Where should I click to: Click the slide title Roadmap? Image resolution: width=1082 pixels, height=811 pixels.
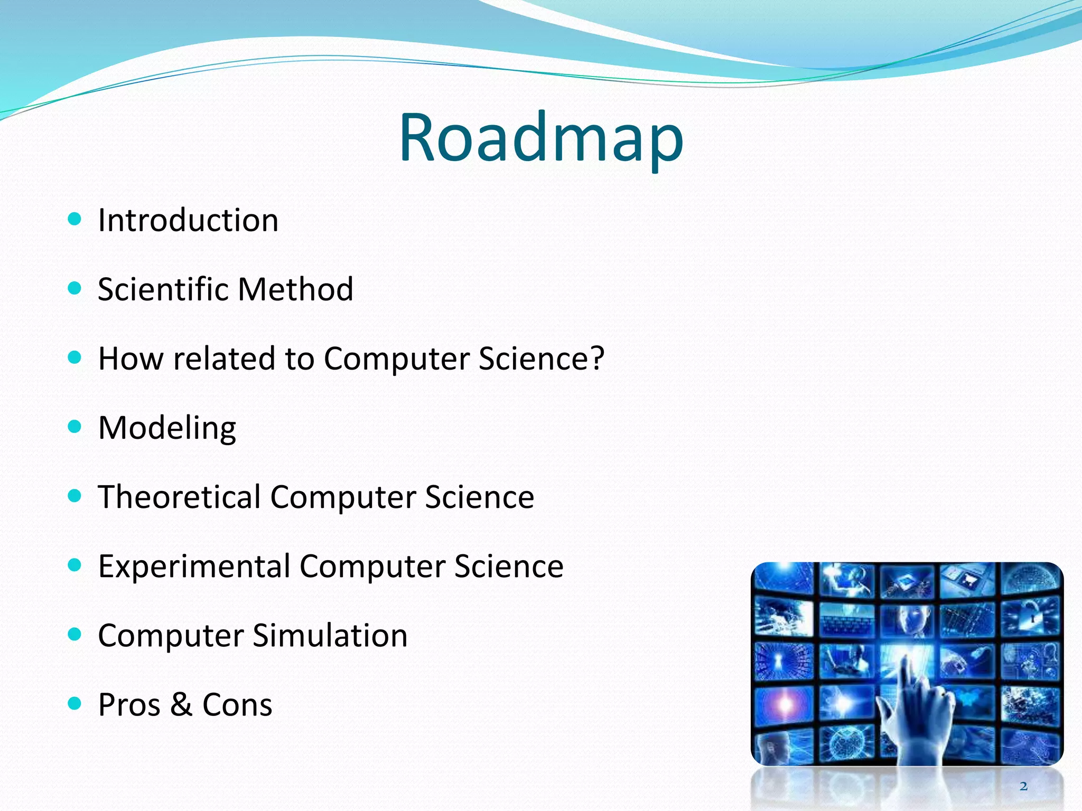point(541,138)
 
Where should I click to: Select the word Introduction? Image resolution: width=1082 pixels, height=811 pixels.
point(188,220)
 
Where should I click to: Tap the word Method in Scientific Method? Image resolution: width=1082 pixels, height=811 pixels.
point(295,289)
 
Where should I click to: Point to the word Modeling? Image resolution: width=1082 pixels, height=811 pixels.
point(167,428)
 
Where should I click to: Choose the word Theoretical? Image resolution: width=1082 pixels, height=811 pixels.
point(180,497)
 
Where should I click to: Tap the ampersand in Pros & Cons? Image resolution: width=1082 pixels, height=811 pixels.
point(181,705)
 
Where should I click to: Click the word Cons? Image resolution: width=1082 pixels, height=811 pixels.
point(237,705)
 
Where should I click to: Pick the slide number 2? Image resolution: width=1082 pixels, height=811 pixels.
point(1023,786)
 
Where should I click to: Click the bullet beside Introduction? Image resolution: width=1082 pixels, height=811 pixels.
point(75,219)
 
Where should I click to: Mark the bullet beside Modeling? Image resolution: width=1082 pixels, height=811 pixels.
point(75,427)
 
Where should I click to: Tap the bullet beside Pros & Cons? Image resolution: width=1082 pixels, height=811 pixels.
point(75,703)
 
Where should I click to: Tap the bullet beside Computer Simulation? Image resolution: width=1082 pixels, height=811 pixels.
point(75,634)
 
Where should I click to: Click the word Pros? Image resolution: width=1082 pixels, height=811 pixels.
point(129,705)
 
